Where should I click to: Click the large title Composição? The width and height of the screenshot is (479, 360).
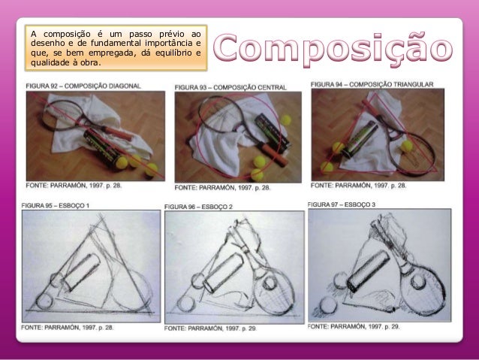point(333,50)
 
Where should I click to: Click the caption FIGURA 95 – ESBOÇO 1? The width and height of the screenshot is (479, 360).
point(56,205)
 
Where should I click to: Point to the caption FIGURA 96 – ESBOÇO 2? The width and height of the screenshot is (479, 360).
point(198,207)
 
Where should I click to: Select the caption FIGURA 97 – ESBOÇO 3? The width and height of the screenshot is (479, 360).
point(342,204)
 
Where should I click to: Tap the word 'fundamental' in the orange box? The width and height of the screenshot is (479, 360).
point(116,43)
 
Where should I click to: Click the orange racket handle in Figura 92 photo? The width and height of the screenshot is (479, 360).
point(118,133)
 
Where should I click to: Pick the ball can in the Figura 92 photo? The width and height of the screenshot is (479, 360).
point(101,147)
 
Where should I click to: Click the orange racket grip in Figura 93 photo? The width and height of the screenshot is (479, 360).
point(274,155)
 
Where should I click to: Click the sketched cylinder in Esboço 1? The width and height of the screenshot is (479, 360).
point(83,271)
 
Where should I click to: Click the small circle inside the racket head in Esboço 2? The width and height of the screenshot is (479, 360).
point(270,283)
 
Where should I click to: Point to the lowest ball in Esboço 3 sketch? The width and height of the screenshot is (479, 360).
point(328,305)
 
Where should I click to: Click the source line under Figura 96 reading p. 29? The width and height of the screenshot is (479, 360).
point(210,328)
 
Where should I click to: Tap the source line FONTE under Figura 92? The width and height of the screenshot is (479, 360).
point(74,186)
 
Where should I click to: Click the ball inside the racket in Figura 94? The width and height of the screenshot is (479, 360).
point(407,146)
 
